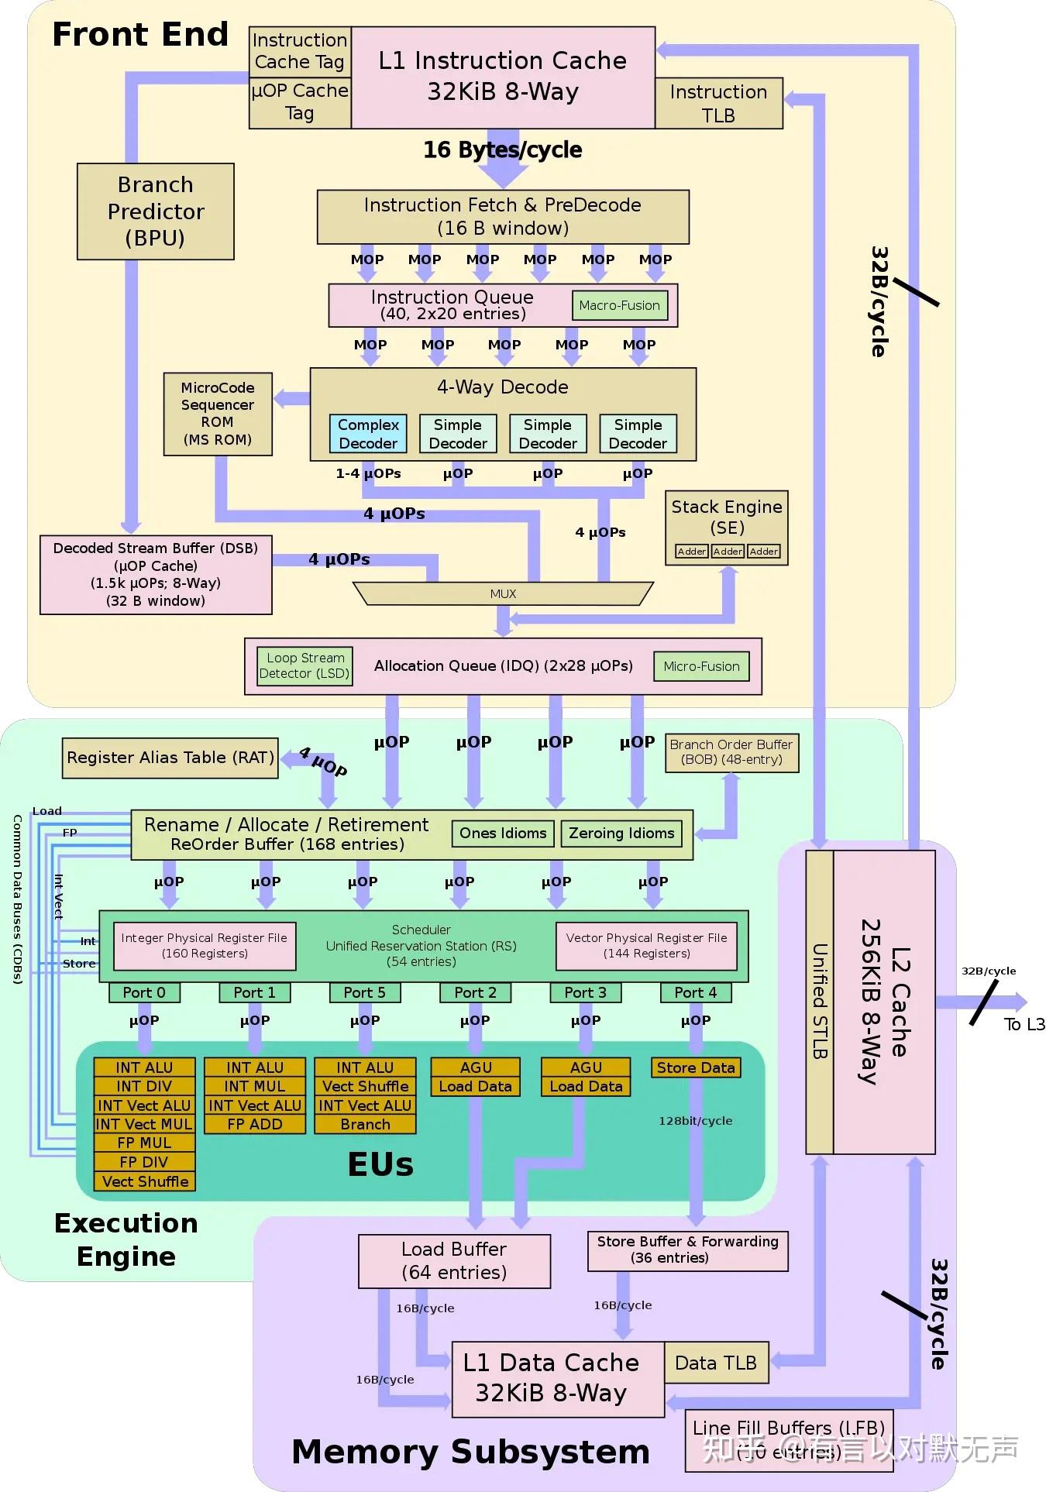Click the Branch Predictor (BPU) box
click(x=155, y=211)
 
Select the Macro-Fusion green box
click(x=619, y=305)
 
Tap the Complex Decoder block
click(x=368, y=434)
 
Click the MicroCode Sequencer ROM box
click(x=218, y=414)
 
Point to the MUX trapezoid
click(x=503, y=593)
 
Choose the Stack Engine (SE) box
click(x=726, y=527)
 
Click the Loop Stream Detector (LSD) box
click(x=305, y=666)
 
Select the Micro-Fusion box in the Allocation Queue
click(x=701, y=666)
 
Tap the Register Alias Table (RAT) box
click(x=170, y=758)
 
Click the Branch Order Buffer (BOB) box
click(x=731, y=752)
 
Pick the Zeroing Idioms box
click(x=621, y=834)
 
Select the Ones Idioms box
click(x=503, y=834)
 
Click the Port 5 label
click(x=364, y=992)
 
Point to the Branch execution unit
click(x=365, y=1124)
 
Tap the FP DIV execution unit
click(x=144, y=1162)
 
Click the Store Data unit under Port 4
click(x=696, y=1067)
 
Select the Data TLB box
click(x=716, y=1363)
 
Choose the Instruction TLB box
click(x=718, y=103)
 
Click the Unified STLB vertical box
click(x=819, y=1002)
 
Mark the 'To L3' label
click(x=1024, y=1024)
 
